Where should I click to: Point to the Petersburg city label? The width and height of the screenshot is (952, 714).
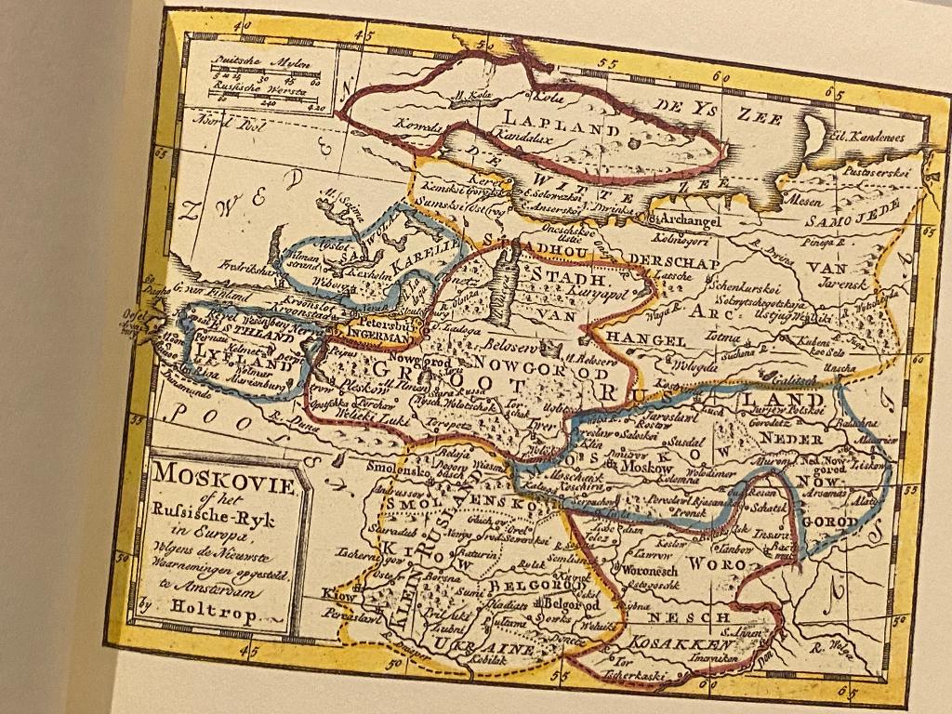pos(393,324)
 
